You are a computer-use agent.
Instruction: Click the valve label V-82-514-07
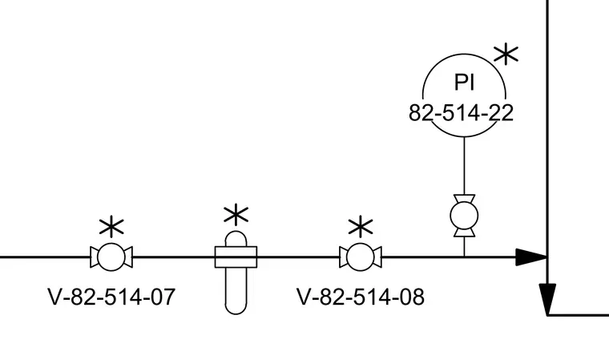(x=111, y=297)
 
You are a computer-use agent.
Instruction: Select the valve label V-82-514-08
(x=361, y=297)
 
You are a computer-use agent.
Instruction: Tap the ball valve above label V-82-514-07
(x=111, y=257)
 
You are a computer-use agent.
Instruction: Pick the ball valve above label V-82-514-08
(x=361, y=257)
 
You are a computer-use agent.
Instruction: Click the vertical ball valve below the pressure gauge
(x=464, y=216)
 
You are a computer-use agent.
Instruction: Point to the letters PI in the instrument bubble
(x=465, y=82)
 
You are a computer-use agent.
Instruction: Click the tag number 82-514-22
(x=461, y=113)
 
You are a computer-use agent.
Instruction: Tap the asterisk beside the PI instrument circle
(x=506, y=55)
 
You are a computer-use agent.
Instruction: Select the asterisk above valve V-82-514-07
(x=111, y=226)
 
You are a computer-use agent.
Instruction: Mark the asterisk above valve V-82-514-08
(x=361, y=226)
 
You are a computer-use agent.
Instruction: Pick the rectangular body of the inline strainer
(x=236, y=257)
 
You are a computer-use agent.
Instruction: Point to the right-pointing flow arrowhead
(x=531, y=257)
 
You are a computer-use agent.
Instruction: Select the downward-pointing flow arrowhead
(x=547, y=299)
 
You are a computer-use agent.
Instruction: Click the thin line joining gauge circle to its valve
(x=464, y=166)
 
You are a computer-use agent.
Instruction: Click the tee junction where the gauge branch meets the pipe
(x=464, y=257)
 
